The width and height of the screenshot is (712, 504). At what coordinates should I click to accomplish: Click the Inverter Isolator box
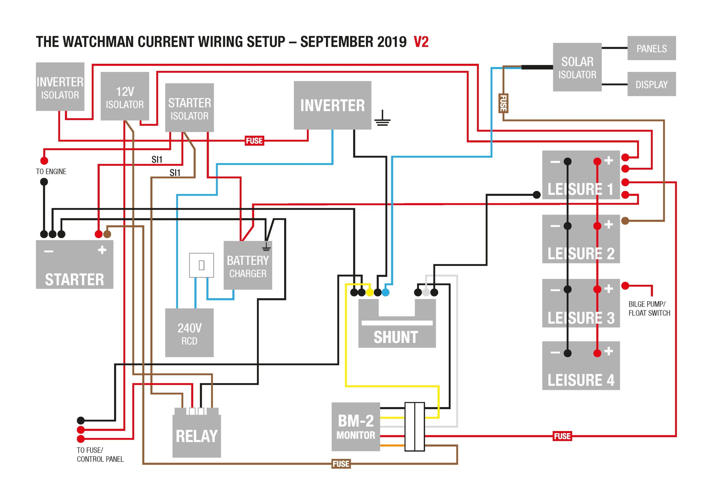tap(60, 87)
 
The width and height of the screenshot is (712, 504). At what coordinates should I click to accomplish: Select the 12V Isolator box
tap(125, 96)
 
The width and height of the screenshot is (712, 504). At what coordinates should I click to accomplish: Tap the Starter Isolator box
tap(189, 108)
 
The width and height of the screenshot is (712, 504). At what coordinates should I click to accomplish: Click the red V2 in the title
tap(421, 42)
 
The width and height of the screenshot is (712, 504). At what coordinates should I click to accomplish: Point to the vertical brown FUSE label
tap(503, 104)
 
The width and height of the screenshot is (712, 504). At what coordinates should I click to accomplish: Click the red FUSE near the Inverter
tap(254, 141)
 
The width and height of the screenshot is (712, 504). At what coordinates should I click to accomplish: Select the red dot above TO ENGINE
tap(44, 161)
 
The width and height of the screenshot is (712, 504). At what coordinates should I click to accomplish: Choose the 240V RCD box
tap(189, 333)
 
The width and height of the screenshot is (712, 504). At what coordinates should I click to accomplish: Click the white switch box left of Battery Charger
tap(202, 265)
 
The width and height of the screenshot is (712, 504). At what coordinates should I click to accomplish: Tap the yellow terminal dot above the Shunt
tap(370, 292)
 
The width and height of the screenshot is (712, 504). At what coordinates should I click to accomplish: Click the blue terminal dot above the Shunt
tap(385, 292)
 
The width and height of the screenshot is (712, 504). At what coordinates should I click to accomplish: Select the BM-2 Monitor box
tap(356, 427)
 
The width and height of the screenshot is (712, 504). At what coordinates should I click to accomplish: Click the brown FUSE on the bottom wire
tap(341, 464)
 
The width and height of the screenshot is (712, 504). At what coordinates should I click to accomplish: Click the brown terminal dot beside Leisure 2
tap(625, 221)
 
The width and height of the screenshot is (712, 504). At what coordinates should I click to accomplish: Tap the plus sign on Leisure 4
tap(609, 351)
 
